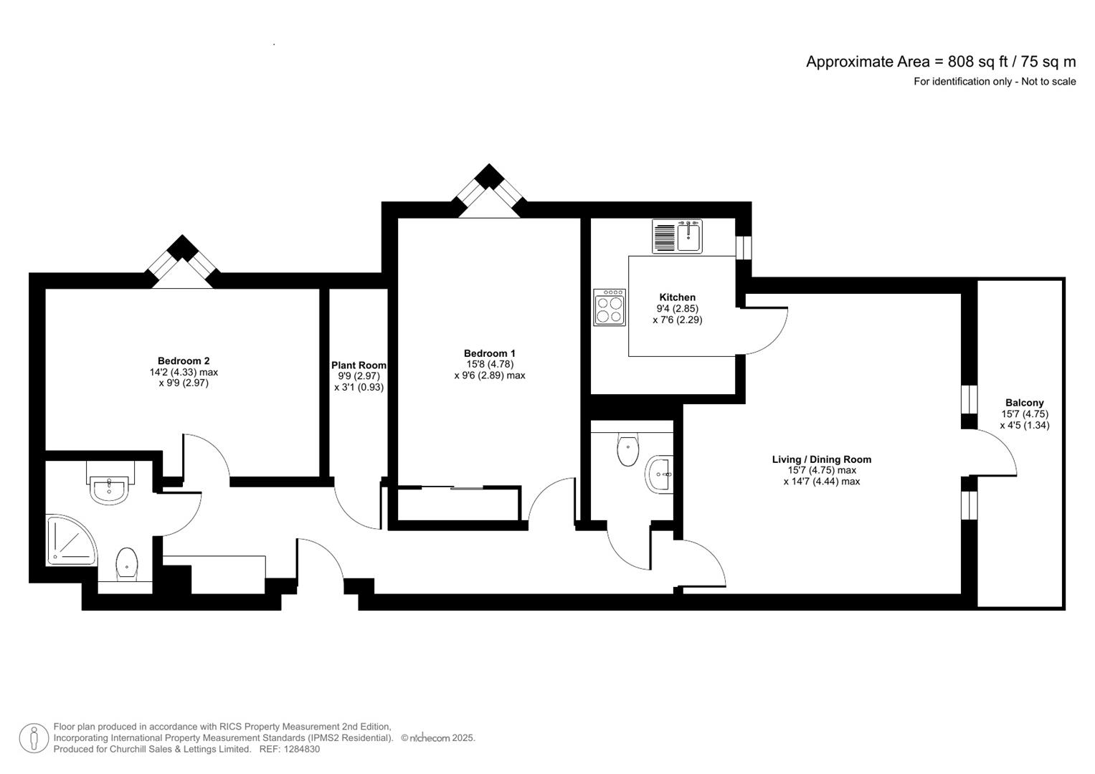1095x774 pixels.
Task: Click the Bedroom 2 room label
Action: [184, 361]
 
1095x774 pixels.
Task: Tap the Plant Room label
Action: [359, 365]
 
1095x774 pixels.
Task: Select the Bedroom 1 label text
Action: [490, 353]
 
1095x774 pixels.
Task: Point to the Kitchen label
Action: [677, 297]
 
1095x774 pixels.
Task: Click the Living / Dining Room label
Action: [821, 459]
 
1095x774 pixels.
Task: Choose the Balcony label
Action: [1024, 403]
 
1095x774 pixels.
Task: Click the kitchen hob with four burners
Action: [610, 307]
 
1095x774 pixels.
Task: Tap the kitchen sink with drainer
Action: [677, 236]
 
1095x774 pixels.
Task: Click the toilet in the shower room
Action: [127, 563]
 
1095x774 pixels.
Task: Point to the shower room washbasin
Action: [109, 490]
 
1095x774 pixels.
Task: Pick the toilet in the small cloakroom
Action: [627, 450]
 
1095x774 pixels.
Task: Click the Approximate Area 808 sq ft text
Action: [940, 62]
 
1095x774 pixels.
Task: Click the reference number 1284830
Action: [301, 749]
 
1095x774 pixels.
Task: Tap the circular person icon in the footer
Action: [34, 738]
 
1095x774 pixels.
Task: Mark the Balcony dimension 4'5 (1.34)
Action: [1024, 425]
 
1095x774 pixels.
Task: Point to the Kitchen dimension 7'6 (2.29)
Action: [677, 320]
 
